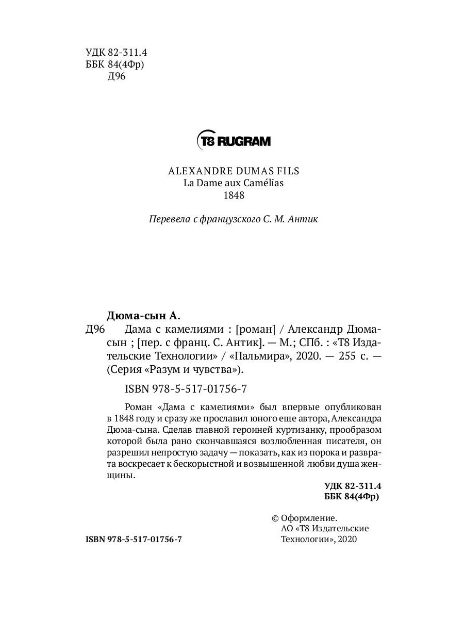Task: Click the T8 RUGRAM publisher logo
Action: point(234,140)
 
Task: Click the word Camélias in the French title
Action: point(266,183)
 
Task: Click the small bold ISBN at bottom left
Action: point(134,539)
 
